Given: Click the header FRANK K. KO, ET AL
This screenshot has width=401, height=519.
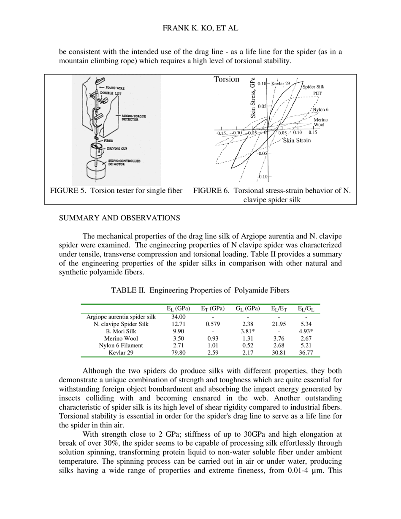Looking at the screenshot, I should point(200,28).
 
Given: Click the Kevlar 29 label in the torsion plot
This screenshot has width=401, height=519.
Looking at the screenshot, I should point(280,84).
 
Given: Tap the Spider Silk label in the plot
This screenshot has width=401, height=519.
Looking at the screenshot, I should point(313,87).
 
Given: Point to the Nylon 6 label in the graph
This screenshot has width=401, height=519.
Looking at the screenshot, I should point(320,109).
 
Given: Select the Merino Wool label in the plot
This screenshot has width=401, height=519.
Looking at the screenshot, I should point(321,122).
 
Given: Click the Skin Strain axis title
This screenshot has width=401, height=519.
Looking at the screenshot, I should point(296,141).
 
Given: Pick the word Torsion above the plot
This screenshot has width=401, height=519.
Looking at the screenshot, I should point(226,79).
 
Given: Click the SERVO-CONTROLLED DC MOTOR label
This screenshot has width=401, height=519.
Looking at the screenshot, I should point(124,162).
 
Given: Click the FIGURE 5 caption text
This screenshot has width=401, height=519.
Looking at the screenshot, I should point(116,191).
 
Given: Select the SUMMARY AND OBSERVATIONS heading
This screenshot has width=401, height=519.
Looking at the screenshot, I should point(119,218).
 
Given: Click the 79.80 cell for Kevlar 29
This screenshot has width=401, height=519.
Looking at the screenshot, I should point(178,352).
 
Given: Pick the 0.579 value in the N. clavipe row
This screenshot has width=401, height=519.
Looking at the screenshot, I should point(213,324).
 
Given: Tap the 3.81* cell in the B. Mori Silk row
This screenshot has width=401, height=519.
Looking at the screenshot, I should point(247,331).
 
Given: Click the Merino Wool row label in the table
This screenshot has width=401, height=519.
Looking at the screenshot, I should point(121,338).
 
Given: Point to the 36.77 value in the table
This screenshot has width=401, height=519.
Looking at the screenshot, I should point(306,352).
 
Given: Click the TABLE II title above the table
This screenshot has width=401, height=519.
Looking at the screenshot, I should point(200,290).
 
